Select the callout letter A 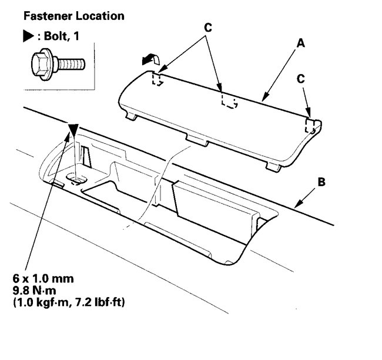coord(301,43)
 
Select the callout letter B coord(321,181)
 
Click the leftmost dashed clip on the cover coord(157,79)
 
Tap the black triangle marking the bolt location coord(73,130)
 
